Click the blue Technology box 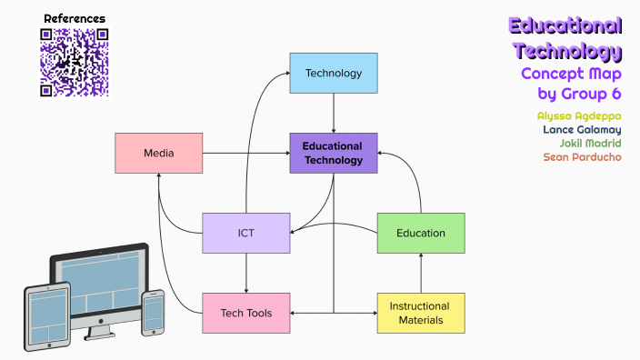coord(334,73)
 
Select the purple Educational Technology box coord(334,152)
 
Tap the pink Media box coord(158,153)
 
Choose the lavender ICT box coord(246,233)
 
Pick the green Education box coord(421,233)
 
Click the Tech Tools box coord(246,313)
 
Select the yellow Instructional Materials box coord(421,313)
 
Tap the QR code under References coord(75,63)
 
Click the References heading coord(75,18)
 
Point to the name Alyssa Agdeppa coord(579,116)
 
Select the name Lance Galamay coord(582,130)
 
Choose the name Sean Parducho coord(583,157)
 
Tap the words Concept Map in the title coord(571,73)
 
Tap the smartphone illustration coord(154,312)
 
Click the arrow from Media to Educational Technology coord(245,153)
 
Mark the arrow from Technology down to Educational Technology coord(334,113)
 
